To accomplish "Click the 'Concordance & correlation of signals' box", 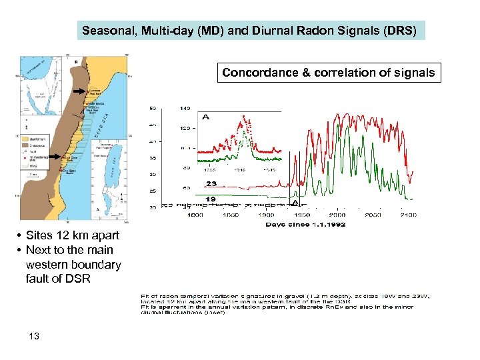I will (329, 73).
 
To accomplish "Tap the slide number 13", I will (34, 336).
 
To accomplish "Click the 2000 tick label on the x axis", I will (337, 215).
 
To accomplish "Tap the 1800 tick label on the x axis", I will (195, 215).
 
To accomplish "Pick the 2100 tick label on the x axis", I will (407, 215).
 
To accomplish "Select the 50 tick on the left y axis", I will (152, 107).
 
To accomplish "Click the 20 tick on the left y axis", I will (152, 207).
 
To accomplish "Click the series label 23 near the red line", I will (211, 183).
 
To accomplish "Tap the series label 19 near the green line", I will (211, 198).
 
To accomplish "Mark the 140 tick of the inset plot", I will (184, 107).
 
